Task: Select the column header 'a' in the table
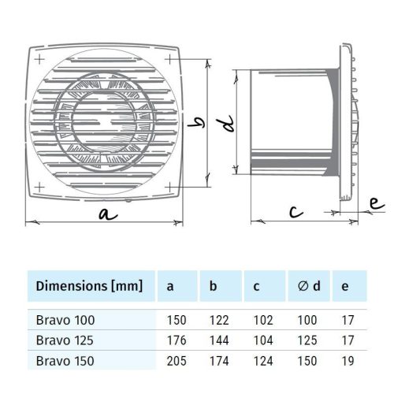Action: (x=169, y=286)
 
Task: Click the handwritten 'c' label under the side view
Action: (x=294, y=210)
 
